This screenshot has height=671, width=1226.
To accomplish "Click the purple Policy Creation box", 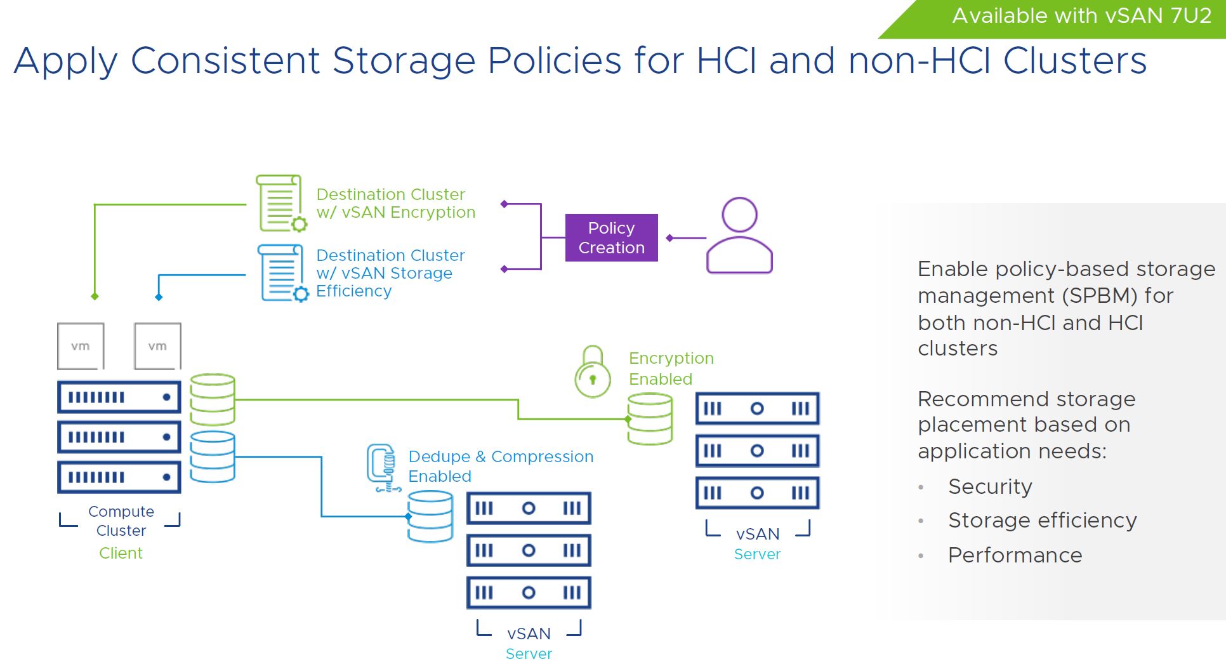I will tap(611, 237).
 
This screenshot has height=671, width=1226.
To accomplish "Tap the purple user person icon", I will tap(739, 236).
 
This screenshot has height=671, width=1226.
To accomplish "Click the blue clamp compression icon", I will tap(383, 468).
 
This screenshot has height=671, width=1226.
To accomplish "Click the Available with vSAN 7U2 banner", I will tap(1081, 16).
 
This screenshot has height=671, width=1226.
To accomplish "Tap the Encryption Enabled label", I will tap(671, 368).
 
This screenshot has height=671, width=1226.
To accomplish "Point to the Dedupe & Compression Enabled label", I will tap(500, 466).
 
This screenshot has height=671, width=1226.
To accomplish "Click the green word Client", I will tap(121, 553).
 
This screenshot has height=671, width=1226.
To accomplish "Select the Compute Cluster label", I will tap(121, 521).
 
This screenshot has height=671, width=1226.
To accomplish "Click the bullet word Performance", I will tap(1015, 555).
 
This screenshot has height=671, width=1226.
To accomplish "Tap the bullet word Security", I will tap(990, 486).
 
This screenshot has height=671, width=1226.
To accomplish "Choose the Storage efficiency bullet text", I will tap(1042, 521).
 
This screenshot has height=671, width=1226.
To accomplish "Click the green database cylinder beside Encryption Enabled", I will tap(650, 418).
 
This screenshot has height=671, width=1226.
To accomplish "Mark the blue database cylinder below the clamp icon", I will tap(430, 517).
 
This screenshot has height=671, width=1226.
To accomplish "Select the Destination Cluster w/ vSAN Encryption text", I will tap(395, 203).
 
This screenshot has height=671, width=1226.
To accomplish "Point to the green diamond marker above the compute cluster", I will tap(95, 296).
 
